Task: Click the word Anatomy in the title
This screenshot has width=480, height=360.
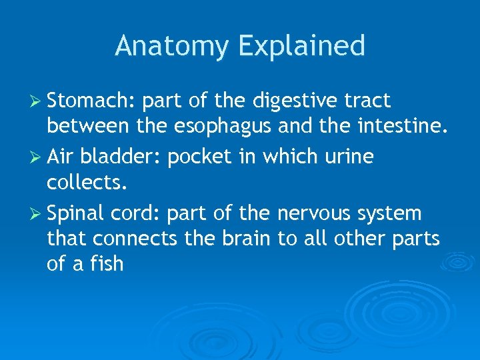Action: click(172, 46)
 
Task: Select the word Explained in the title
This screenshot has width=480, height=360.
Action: click(301, 46)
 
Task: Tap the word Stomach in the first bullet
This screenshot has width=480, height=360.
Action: click(91, 101)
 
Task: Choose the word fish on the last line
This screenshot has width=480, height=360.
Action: click(108, 263)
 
